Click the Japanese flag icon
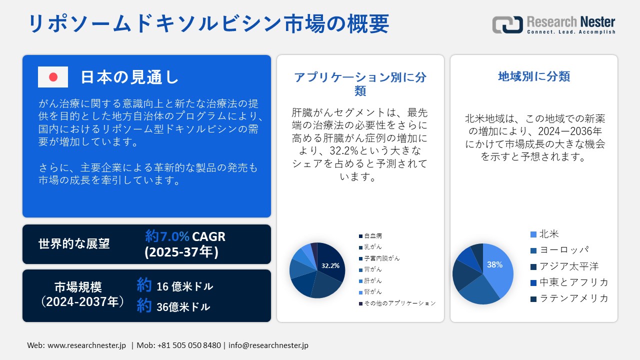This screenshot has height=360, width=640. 53,77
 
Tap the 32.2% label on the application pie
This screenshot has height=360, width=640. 330,265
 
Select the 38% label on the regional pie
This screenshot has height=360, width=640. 494,265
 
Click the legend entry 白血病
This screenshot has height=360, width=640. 373,235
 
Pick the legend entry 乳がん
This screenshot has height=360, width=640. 373,247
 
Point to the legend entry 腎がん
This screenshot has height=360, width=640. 373,292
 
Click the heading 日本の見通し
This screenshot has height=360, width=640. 129,77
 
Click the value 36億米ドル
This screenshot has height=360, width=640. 183,307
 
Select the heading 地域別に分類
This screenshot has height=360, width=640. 534,76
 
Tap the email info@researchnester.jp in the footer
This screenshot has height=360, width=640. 269,345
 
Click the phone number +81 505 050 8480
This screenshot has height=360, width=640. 189,345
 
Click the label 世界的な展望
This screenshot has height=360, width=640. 74,243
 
